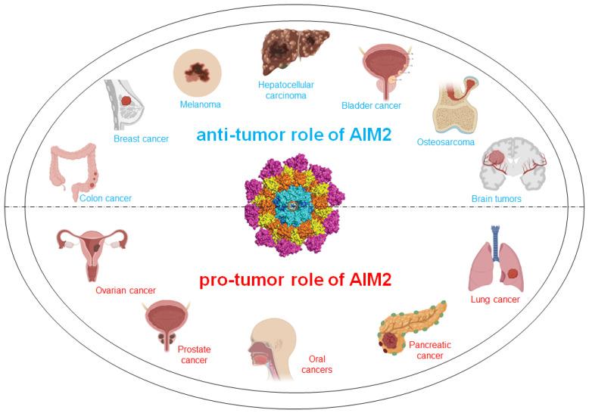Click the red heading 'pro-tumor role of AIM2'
point(294,280)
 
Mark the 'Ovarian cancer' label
point(126,290)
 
